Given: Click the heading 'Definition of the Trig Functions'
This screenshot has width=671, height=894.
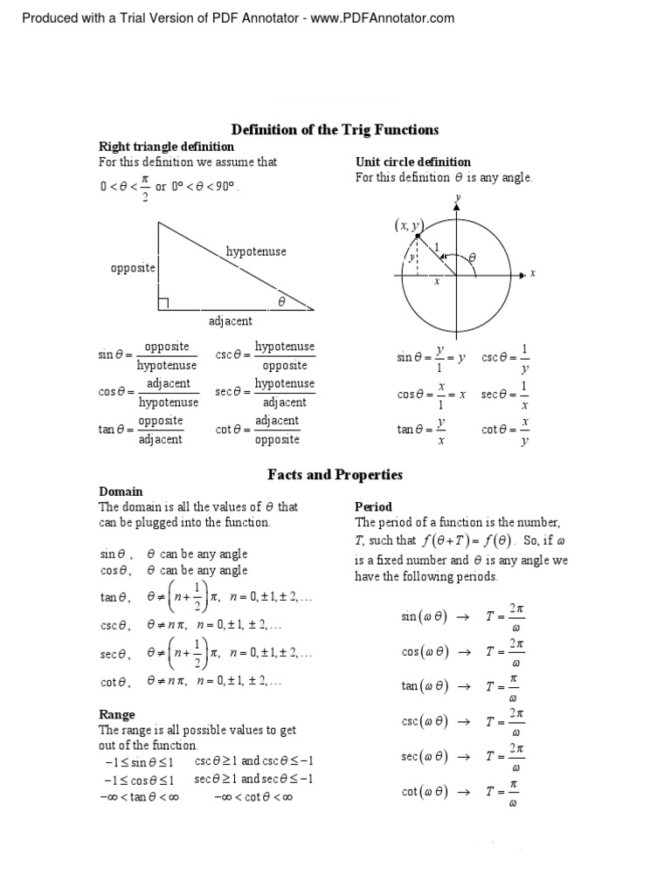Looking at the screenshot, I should click(335, 130).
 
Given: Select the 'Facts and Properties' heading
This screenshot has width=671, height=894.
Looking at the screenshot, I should click(335, 475).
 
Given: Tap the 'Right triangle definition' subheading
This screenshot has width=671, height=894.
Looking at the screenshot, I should click(166, 147).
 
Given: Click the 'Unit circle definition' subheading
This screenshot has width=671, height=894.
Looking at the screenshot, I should click(412, 162).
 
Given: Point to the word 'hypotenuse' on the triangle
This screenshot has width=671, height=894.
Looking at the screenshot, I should click(256, 251).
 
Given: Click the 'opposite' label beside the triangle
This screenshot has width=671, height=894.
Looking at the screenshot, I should click(133, 267).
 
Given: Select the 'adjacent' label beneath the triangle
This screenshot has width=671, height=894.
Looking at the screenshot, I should click(231, 321).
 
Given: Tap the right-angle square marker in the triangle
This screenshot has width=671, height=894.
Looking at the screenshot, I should click(163, 304).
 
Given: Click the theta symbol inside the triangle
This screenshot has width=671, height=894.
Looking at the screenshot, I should click(281, 301).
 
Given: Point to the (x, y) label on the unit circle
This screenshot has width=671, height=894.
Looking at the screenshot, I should click(406, 226).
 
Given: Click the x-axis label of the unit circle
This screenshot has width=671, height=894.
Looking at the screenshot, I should click(532, 274).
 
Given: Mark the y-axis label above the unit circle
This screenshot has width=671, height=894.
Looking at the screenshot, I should click(457, 198).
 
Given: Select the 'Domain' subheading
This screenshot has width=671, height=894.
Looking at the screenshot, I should click(121, 492).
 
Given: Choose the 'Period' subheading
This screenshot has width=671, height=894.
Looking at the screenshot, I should click(373, 506).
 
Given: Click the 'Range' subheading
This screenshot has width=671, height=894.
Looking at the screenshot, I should click(117, 714).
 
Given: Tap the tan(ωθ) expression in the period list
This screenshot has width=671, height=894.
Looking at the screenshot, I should click(424, 686).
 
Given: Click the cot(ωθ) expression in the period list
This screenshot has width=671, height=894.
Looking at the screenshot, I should click(424, 792).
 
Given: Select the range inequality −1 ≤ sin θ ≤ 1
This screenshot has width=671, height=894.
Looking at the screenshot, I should click(135, 762).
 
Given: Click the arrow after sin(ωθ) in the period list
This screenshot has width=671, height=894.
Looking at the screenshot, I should click(464, 616).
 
